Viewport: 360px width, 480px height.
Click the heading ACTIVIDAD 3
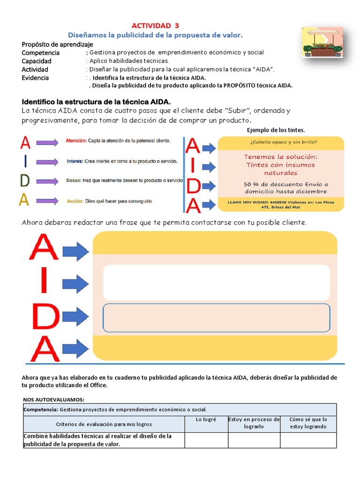click(155, 25)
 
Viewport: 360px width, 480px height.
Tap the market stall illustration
click(322, 42)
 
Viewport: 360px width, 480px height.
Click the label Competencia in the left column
click(41, 52)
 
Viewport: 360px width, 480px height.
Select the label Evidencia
click(35, 78)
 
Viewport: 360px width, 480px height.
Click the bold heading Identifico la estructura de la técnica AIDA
click(97, 102)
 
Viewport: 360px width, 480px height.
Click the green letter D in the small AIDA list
click(25, 180)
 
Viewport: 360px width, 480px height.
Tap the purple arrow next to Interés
click(46, 162)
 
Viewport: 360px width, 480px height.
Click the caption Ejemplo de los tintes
click(276, 130)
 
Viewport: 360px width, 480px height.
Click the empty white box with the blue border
click(216, 317)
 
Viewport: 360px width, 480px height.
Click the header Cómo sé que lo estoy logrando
click(308, 423)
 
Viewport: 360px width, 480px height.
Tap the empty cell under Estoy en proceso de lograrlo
click(254, 440)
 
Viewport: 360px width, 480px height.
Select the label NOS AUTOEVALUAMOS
click(53, 399)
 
